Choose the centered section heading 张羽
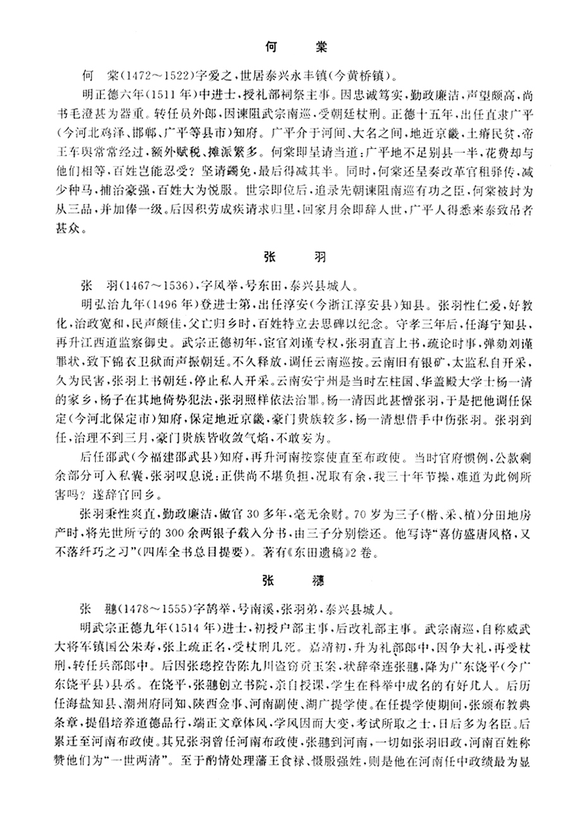coord(293,258)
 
